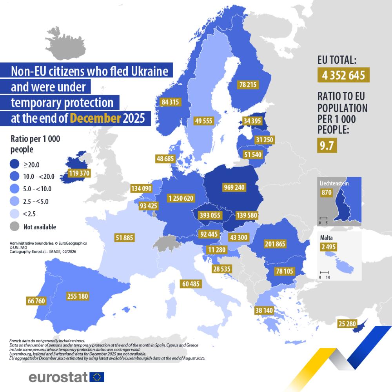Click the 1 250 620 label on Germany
click(181, 198)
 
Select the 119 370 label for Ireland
click(80, 173)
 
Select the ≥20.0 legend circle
click(14, 165)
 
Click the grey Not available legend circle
click(14, 227)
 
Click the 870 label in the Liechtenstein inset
click(327, 192)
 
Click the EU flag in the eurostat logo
click(97, 377)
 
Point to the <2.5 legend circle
click(14, 214)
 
